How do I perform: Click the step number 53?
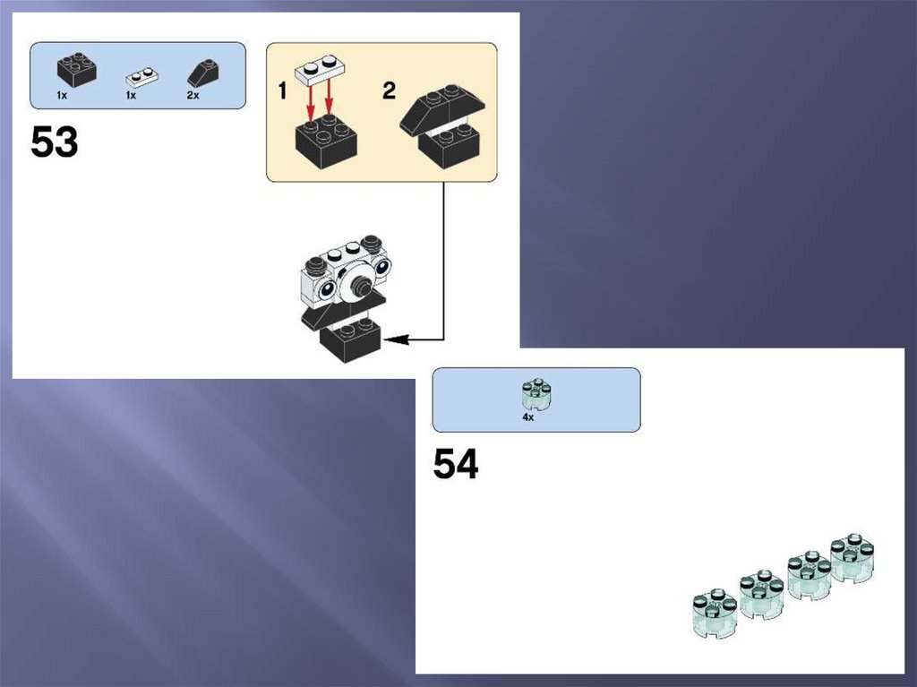54,142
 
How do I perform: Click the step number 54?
456,464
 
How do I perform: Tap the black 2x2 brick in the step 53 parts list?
77,69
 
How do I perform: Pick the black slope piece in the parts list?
203,73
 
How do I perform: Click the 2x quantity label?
193,95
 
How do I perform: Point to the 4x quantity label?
528,417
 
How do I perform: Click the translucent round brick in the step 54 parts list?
536,394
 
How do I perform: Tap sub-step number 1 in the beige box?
282,91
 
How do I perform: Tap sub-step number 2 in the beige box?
389,90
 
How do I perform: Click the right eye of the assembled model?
382,267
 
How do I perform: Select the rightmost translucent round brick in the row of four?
853,558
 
